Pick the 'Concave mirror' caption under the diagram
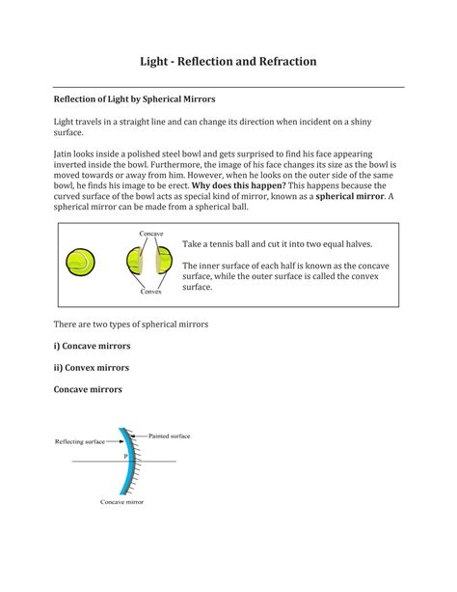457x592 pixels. point(122,504)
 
